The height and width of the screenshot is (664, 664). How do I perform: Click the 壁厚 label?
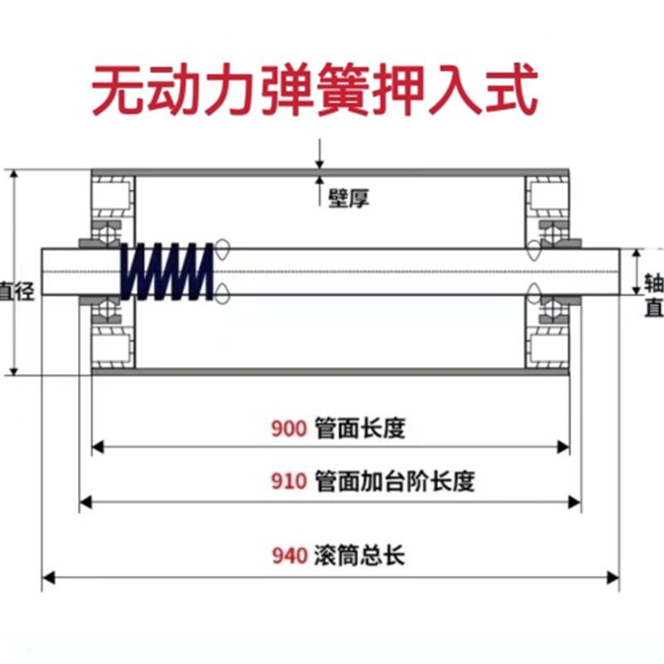(x=348, y=199)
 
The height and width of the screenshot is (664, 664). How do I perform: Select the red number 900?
(x=290, y=429)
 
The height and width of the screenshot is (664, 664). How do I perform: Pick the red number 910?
(x=290, y=481)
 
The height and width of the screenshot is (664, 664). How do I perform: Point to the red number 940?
(x=290, y=555)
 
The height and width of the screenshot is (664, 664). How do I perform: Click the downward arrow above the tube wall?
(x=320, y=163)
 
